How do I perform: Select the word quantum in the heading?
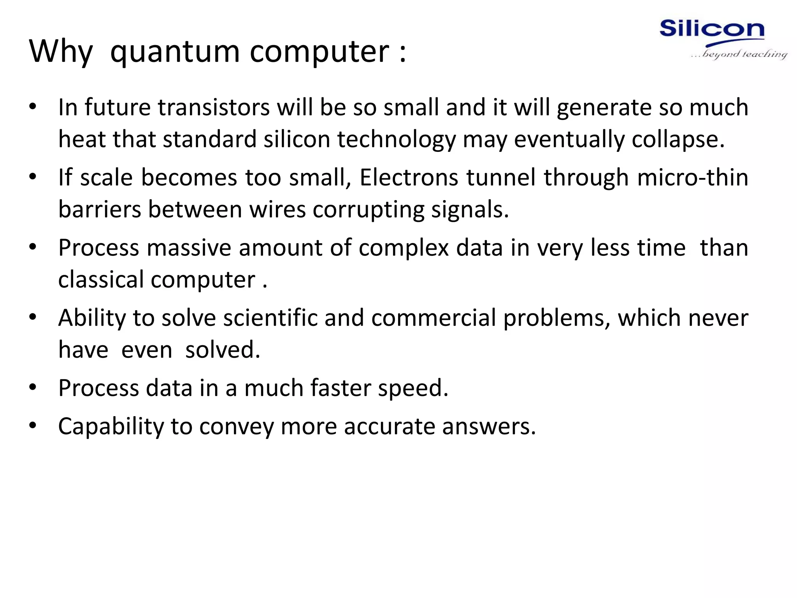click(175, 52)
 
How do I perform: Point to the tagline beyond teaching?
click(744, 54)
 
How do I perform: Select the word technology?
click(396, 140)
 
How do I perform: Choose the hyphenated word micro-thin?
click(693, 178)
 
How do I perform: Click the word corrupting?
click(369, 210)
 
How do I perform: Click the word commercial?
click(434, 318)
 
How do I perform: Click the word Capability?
click(111, 427)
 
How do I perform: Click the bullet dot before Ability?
click(33, 317)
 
